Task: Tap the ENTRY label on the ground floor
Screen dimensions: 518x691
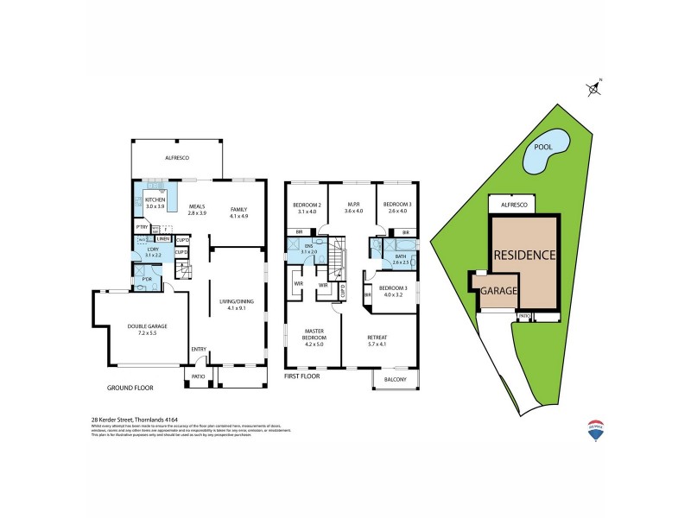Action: point(199,349)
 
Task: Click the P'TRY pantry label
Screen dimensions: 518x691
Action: point(141,226)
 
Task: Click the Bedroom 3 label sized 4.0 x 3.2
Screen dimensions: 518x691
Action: point(395,289)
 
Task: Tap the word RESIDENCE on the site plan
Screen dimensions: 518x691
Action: point(523,256)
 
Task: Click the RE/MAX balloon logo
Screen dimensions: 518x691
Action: point(595,429)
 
